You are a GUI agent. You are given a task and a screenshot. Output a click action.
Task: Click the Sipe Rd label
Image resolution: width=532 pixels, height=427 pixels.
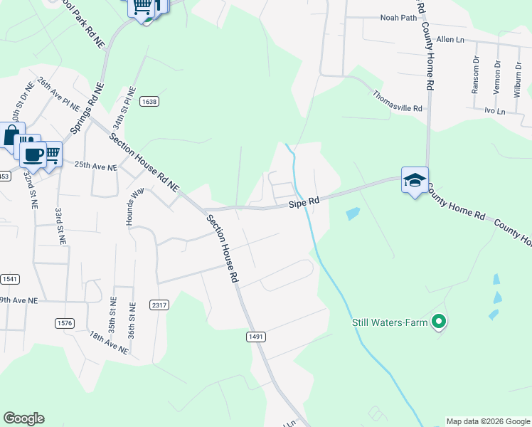click(304, 204)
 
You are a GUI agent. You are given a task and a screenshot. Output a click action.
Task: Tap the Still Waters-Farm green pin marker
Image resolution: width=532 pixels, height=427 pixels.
click(439, 322)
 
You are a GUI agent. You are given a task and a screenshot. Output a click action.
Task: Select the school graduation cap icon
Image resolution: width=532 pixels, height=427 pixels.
click(415, 180)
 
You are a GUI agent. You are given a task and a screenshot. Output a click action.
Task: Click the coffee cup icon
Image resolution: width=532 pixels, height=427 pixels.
click(33, 154)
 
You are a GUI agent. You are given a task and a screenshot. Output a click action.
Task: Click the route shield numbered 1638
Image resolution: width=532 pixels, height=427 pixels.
click(149, 102)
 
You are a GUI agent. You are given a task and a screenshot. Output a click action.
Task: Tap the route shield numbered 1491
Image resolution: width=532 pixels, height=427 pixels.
click(256, 335)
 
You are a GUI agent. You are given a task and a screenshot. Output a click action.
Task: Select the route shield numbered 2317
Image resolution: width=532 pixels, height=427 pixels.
click(159, 305)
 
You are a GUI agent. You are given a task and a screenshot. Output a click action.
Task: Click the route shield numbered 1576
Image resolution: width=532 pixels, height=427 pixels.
click(65, 323)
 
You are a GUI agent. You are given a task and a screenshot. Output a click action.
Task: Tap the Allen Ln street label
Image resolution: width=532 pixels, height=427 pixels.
click(449, 39)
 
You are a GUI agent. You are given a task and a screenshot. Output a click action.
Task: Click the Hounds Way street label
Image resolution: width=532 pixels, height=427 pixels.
click(130, 206)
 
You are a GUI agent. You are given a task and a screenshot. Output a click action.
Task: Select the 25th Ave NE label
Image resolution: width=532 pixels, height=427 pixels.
click(95, 166)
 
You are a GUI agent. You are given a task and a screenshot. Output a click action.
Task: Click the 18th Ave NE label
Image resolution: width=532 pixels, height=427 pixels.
click(109, 342)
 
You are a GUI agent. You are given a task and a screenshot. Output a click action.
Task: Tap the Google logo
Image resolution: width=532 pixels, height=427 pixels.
click(23, 418)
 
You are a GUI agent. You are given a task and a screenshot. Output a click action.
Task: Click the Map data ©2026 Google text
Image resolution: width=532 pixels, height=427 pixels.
click(488, 421)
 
